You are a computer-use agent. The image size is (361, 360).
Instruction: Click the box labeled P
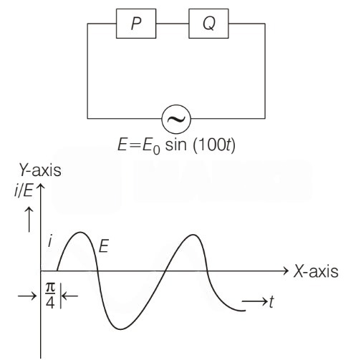click(136, 24)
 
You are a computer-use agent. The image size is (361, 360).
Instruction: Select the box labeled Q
click(208, 24)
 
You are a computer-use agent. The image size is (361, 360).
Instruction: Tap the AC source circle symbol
click(176, 119)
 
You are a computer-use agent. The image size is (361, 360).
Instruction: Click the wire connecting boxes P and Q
click(173, 24)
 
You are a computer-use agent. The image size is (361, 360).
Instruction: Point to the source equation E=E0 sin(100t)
click(176, 145)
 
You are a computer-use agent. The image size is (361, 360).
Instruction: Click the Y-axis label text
click(40, 170)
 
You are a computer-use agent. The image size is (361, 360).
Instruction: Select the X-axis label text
click(316, 271)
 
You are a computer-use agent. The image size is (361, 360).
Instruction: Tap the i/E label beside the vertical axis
click(24, 191)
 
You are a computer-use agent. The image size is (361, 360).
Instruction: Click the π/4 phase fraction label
click(50, 296)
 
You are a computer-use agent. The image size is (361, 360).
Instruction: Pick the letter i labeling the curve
click(50, 242)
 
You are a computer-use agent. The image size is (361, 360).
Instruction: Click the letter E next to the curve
click(104, 246)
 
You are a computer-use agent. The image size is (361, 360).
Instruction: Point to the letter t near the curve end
click(271, 302)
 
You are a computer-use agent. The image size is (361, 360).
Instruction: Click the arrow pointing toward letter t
click(255, 301)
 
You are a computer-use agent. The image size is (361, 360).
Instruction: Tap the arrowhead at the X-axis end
click(286, 271)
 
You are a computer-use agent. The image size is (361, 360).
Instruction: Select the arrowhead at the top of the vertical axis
click(41, 187)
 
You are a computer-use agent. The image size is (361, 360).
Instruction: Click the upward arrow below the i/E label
click(29, 220)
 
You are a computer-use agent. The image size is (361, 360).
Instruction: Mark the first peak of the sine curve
click(80, 233)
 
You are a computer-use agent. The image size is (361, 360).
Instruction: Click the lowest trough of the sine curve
click(120, 329)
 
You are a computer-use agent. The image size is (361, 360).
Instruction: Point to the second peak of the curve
click(193, 235)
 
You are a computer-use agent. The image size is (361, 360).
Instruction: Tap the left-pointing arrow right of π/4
click(69, 296)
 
